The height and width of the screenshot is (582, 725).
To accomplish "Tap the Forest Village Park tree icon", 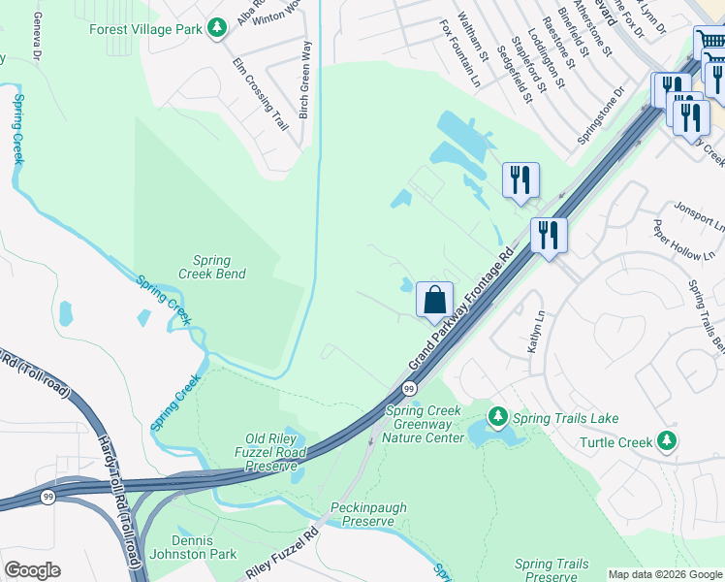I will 219,28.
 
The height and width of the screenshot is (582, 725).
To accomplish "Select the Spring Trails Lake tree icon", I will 498,417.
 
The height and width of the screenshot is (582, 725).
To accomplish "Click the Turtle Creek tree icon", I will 666,442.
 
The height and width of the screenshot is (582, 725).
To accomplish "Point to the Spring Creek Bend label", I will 211,267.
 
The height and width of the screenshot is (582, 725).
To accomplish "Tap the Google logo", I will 32,570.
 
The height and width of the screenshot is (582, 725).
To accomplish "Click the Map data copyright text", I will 665,574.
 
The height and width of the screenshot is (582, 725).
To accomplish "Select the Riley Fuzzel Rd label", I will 282,556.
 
